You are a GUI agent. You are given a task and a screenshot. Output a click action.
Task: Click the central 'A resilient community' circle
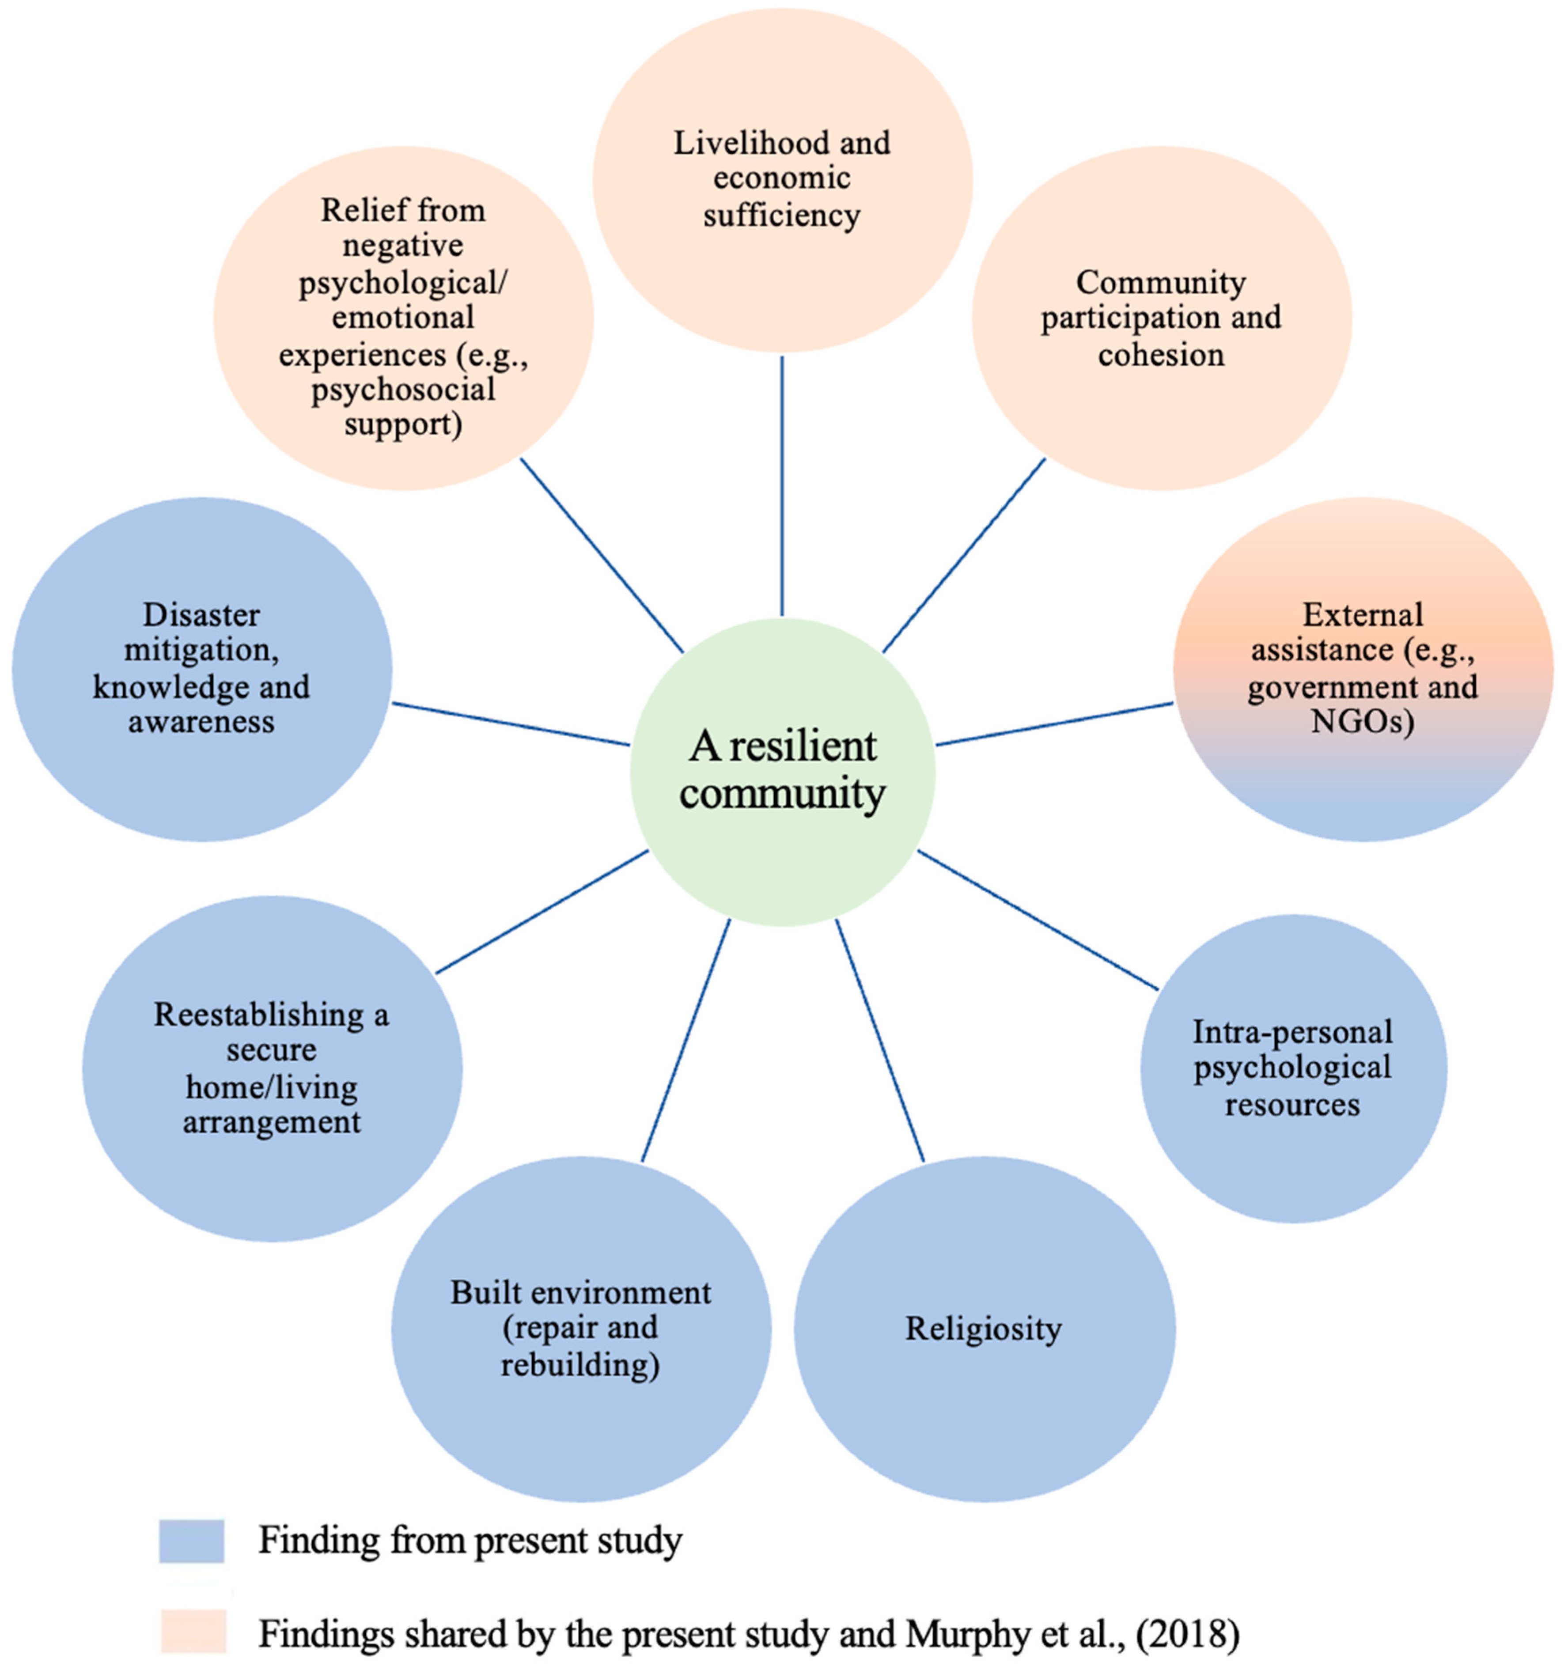point(782,771)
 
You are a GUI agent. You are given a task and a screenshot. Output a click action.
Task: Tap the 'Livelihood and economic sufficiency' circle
point(782,179)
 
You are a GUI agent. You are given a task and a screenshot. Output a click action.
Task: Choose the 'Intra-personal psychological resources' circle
point(1293,1068)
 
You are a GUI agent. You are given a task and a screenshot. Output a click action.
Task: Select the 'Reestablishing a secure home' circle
point(271,1068)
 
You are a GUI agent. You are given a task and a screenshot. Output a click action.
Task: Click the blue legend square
point(192,1541)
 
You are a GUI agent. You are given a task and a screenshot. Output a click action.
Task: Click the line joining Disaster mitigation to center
point(511,724)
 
